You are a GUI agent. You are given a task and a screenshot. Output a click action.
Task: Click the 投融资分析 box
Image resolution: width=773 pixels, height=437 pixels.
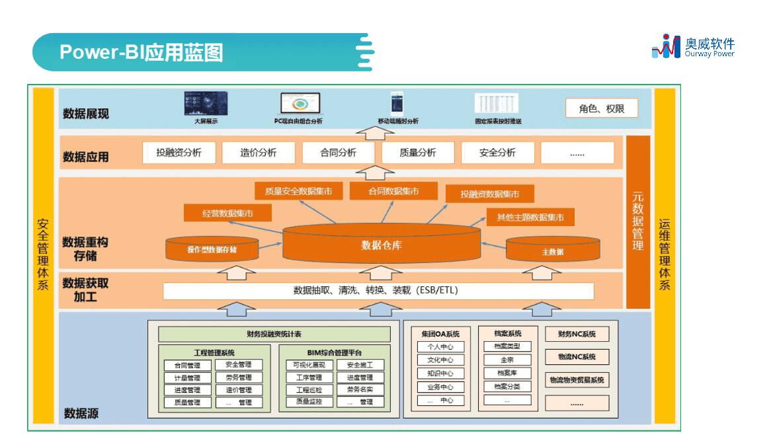coord(179,153)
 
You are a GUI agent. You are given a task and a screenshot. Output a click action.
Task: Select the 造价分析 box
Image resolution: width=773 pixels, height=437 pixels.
coord(259,153)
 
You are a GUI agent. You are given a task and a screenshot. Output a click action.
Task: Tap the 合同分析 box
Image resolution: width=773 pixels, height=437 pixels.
coord(339,153)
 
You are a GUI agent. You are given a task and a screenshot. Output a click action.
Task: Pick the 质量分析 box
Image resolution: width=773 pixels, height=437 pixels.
coord(418,153)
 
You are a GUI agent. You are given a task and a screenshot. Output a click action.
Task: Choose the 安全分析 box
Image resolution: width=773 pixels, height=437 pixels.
coord(497,153)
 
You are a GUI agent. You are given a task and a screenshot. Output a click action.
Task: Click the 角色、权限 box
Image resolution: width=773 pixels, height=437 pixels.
coord(602,108)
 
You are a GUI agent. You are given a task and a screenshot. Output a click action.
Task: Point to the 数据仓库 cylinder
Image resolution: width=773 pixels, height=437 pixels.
coord(382,245)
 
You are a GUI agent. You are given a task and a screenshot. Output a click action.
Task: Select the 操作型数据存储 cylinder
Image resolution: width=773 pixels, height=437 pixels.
coord(212,249)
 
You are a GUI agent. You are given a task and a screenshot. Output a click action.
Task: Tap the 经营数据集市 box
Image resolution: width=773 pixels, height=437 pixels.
coord(227,213)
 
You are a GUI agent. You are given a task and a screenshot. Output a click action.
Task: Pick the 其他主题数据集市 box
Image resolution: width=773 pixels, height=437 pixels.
coord(530,217)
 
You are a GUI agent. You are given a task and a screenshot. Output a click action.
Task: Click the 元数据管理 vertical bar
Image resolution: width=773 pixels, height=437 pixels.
coord(637,222)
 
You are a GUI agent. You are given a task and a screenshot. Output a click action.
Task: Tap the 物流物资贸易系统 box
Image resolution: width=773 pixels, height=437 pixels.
coord(577,380)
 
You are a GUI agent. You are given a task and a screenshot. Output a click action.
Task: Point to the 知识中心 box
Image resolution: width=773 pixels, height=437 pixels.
coord(440,374)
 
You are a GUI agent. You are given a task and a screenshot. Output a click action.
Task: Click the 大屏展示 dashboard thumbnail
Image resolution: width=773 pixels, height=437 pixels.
coord(206,104)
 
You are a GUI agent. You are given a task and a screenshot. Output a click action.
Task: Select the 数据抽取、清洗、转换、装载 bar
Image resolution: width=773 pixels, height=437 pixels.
coord(378,291)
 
